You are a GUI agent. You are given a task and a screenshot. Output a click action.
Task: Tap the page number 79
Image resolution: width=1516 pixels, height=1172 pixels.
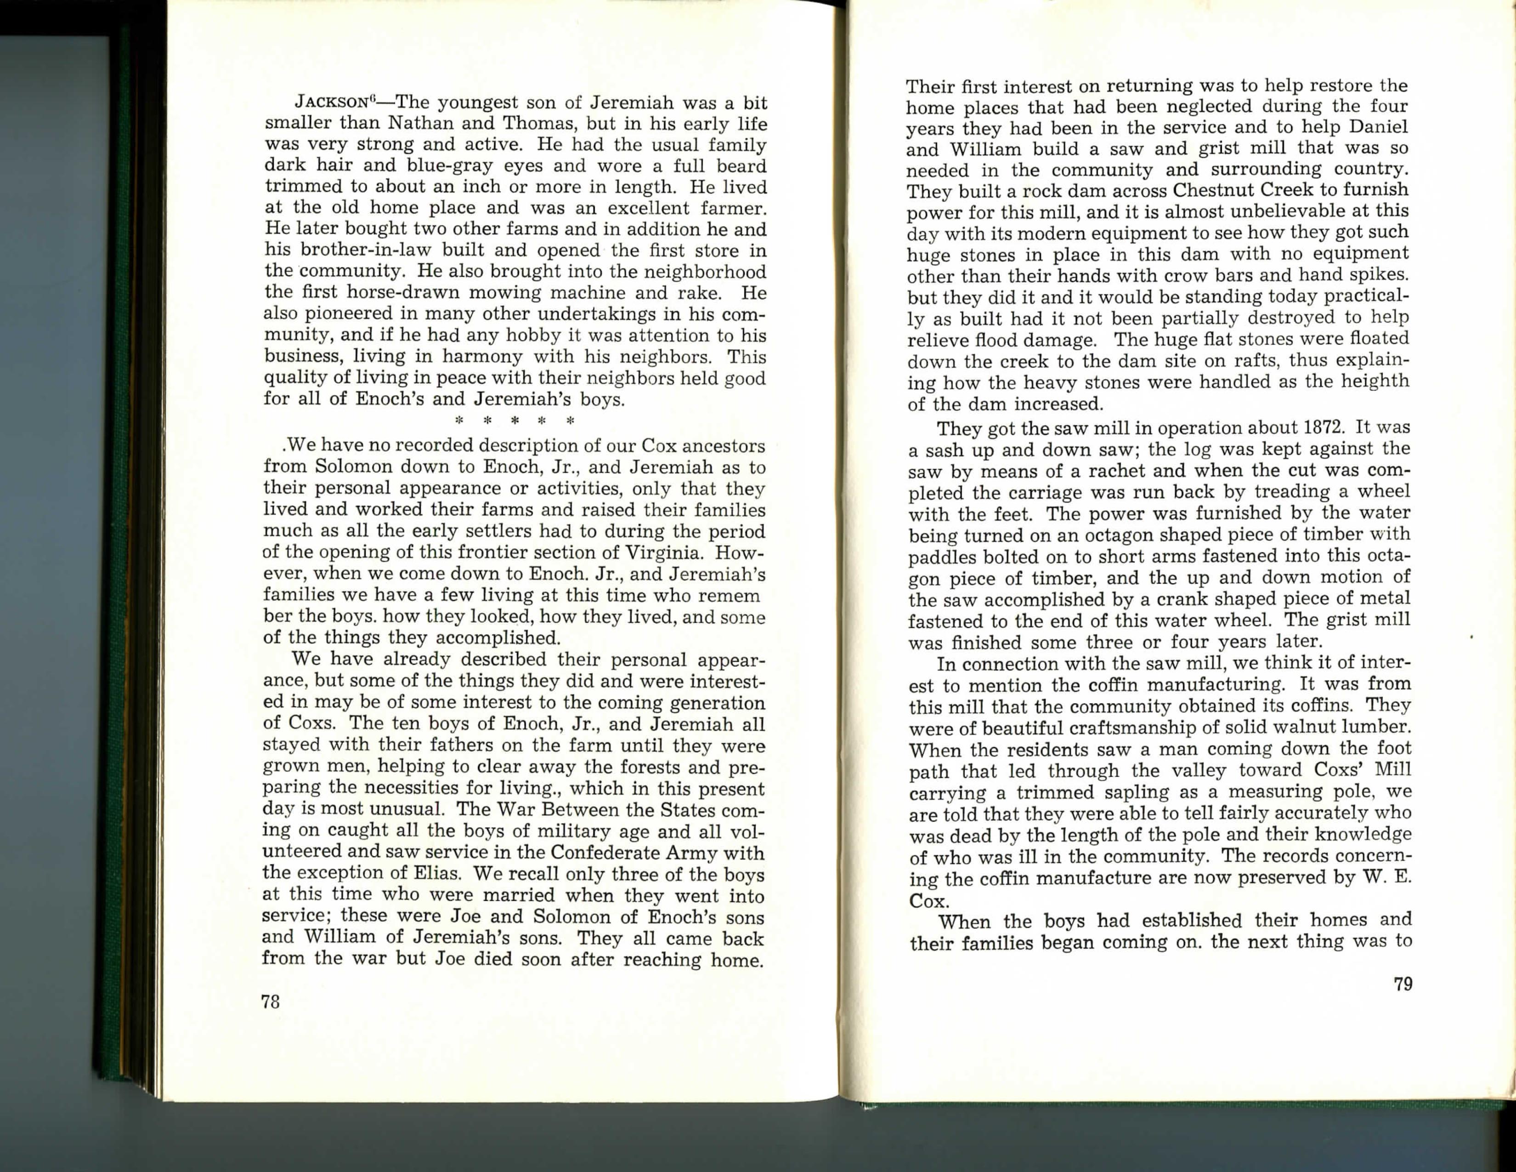point(1402,984)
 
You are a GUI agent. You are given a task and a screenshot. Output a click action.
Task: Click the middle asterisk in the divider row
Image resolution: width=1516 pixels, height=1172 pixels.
point(515,421)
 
